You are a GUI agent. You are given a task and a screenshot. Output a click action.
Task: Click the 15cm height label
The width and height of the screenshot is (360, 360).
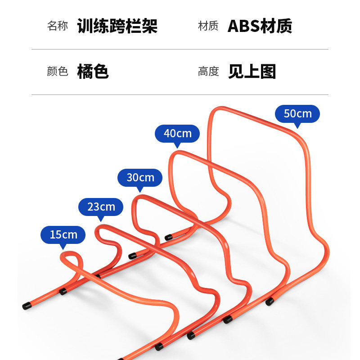coord(63,234)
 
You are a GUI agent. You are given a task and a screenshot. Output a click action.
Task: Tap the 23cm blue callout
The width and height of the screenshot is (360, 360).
coord(101,207)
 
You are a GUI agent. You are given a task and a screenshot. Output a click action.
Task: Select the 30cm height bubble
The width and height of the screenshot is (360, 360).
coord(140,177)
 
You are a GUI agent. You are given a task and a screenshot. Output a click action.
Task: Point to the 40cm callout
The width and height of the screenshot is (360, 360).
coord(177,134)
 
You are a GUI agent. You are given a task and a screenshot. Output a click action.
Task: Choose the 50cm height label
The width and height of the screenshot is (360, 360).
coord(297,114)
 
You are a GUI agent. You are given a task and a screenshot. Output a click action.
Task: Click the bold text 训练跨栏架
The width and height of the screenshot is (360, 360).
coord(117,26)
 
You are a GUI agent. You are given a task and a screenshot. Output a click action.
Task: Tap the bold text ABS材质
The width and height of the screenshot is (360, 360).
coord(260,26)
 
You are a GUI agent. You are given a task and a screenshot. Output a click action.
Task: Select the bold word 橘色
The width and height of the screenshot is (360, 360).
coord(93,72)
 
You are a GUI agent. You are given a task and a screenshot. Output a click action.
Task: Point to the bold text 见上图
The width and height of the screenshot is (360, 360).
coord(252,72)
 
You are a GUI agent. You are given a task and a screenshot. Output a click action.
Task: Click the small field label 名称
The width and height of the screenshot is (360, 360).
coord(57,26)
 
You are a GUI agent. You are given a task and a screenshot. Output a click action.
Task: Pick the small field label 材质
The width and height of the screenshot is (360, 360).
coord(208,26)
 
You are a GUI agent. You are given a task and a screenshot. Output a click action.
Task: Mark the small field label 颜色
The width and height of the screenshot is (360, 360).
coord(57,72)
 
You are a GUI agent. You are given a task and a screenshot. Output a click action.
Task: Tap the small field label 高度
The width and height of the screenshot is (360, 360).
coord(208,72)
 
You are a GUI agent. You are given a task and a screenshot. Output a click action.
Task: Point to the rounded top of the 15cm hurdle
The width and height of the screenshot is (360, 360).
coord(69,254)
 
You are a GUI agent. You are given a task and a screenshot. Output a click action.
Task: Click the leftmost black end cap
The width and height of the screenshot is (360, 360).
coord(26,306)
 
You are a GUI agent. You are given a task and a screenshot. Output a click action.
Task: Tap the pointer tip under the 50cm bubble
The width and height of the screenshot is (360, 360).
coord(297,127)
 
